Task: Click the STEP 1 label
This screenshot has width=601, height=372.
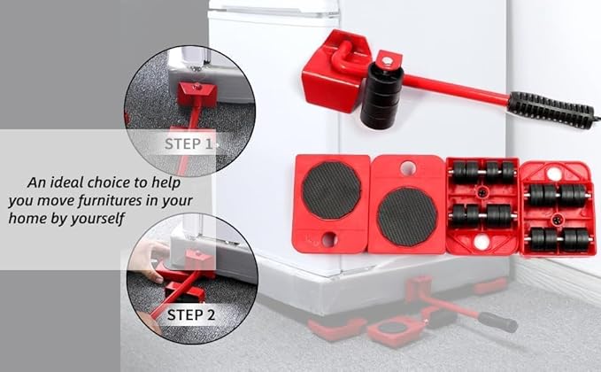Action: pos(189,143)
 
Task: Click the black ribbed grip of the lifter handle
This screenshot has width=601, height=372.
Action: pos(550,109)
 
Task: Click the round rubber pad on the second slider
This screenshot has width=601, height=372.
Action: pos(407,213)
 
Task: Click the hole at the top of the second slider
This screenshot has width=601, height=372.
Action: pos(407,167)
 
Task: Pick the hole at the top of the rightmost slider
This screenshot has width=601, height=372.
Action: pos(554,174)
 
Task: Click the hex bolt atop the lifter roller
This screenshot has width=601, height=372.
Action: pos(385,58)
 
